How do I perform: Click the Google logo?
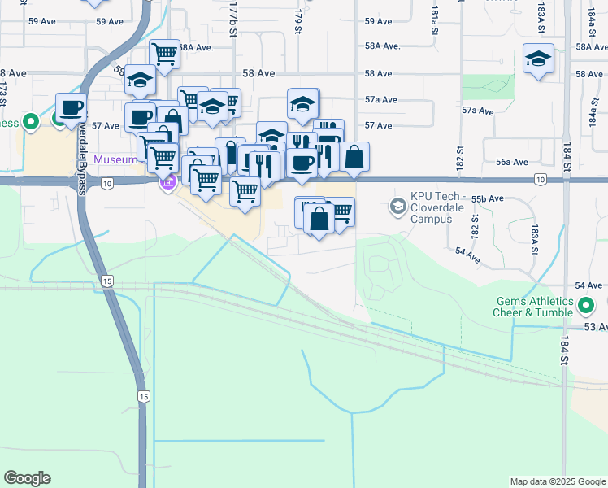(x=27, y=478)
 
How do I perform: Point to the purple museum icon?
(x=168, y=182)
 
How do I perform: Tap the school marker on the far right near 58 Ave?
(x=538, y=59)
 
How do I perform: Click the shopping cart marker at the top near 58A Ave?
(x=165, y=54)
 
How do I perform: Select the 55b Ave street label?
(x=488, y=198)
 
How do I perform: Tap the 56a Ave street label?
(x=513, y=162)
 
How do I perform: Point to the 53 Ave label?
(x=594, y=326)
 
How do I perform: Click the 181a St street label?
(x=436, y=14)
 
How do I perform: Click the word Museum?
(x=115, y=159)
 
